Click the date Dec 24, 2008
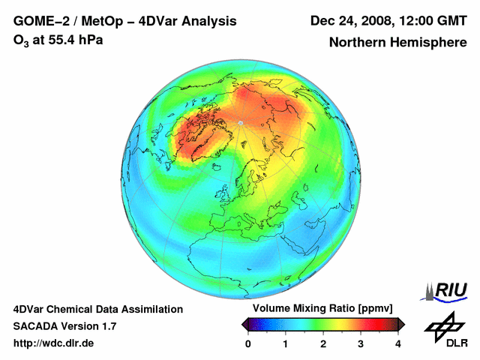[350, 21]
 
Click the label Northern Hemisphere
[397, 42]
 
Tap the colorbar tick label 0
[248, 343]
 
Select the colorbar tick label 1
[286, 343]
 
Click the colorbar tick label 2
[323, 343]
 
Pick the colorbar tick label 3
[361, 343]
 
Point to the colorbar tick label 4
[398, 343]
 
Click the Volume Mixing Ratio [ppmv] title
[322, 308]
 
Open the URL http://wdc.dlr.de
[54, 343]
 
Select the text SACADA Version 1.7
[64, 326]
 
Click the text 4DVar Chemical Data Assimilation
[97, 309]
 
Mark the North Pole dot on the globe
[240, 121]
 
